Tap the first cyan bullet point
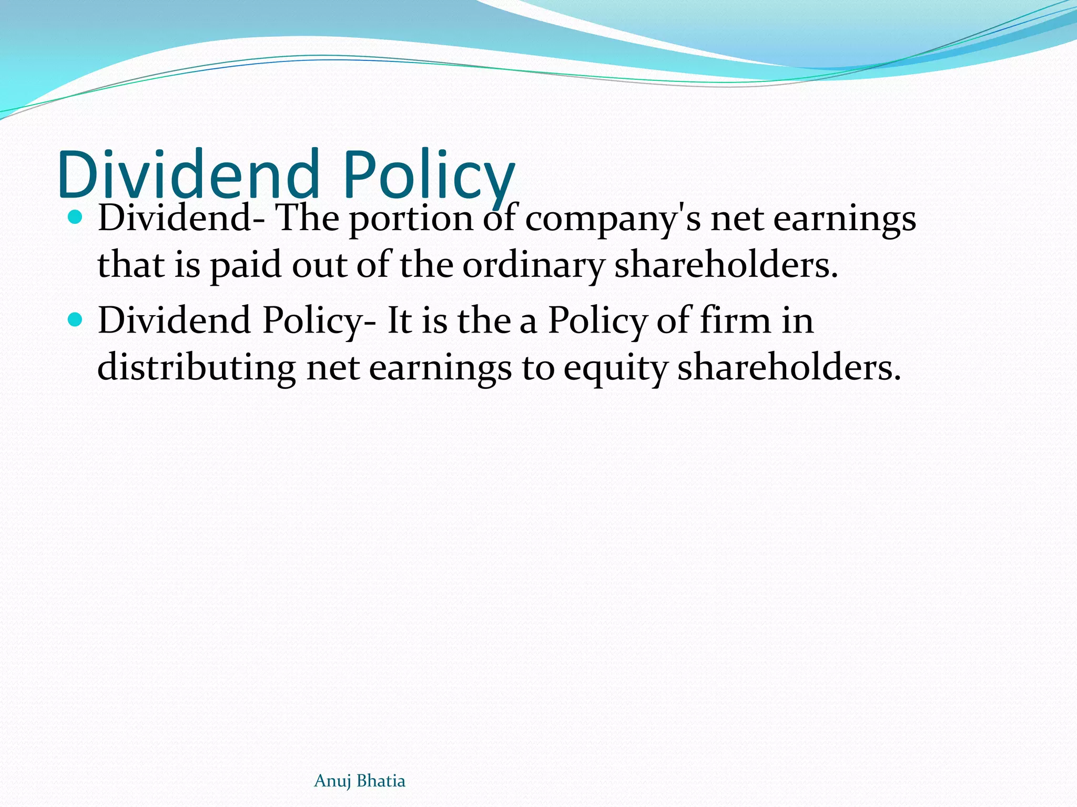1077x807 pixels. click(76, 217)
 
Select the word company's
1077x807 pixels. click(613, 220)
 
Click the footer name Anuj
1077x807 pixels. click(332, 781)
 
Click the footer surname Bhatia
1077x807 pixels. click(381, 781)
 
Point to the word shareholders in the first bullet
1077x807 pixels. click(726, 264)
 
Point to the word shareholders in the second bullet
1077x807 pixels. click(789, 367)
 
